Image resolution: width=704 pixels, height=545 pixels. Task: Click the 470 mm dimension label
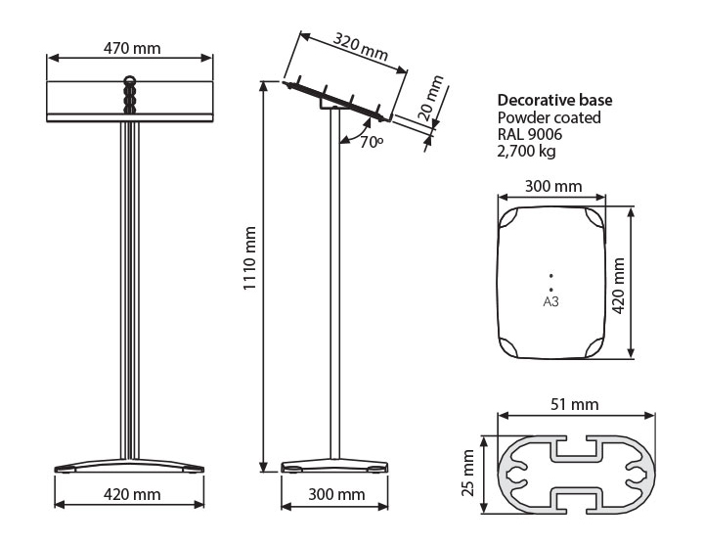[132, 48]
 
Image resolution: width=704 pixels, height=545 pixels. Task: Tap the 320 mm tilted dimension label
[361, 46]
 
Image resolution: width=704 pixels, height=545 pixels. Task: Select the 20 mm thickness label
[430, 98]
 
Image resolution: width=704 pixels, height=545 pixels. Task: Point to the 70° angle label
[372, 142]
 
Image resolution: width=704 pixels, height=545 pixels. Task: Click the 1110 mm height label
[249, 258]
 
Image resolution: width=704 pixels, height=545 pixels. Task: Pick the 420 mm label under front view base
[132, 494]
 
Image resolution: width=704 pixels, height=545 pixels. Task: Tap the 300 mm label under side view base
[336, 494]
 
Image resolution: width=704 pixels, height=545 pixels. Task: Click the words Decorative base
[554, 100]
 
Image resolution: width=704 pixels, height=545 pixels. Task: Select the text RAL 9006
[530, 134]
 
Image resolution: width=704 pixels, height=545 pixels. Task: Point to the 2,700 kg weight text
[526, 151]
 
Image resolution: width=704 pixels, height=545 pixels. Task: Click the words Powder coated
[550, 117]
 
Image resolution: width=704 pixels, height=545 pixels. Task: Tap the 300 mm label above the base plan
[553, 186]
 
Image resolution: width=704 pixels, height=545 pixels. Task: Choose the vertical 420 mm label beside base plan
[619, 286]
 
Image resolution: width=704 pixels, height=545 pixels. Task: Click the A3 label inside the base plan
[550, 301]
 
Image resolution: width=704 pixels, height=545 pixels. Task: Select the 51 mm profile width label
[575, 404]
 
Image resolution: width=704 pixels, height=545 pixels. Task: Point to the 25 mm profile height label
[467, 473]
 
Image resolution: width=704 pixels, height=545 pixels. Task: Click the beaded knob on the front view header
[130, 95]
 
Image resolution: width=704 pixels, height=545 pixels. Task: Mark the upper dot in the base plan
[550, 276]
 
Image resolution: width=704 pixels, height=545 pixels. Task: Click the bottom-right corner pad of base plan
[594, 348]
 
